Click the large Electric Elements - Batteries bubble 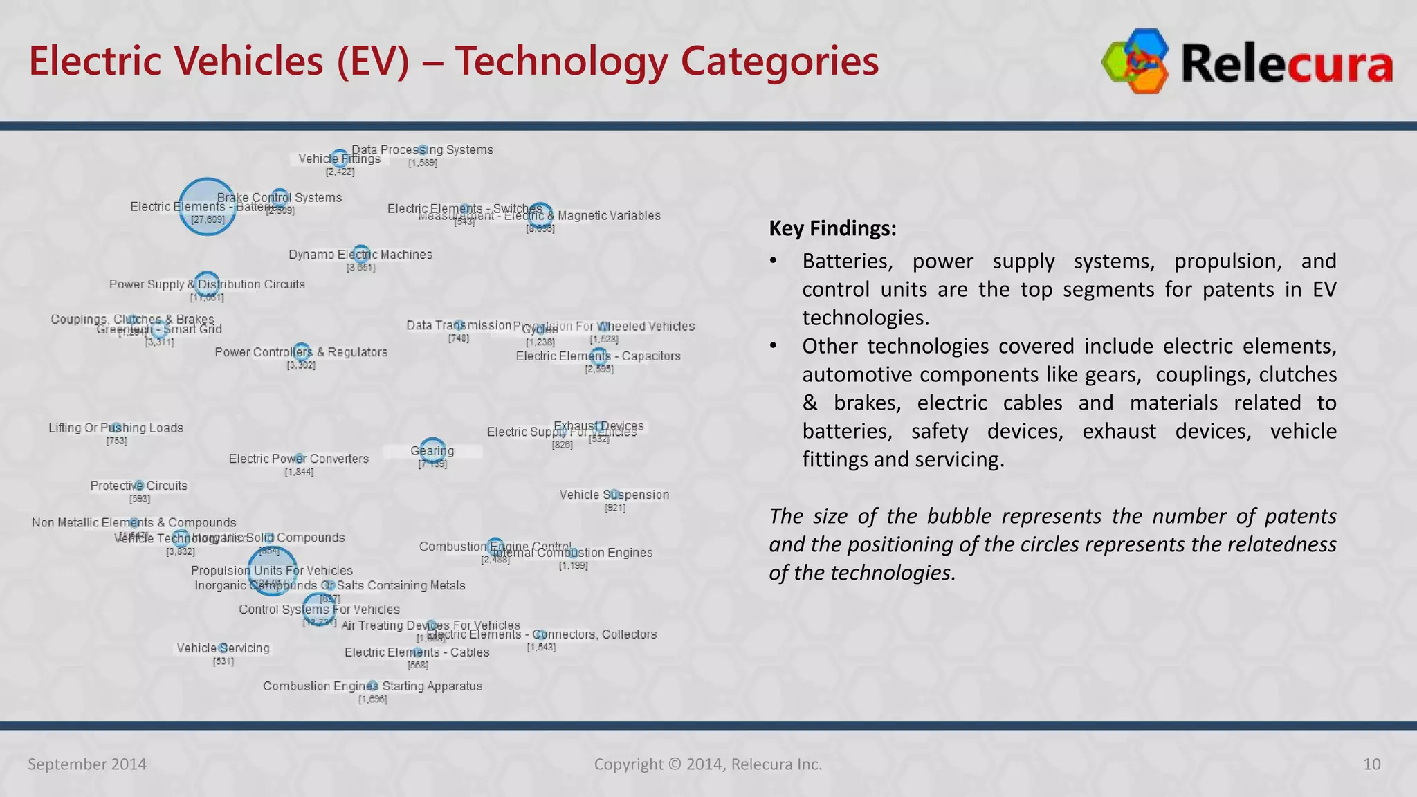point(207,207)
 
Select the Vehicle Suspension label point(614,495)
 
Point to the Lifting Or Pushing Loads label point(116,428)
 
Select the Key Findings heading point(832,228)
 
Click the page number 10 point(1371,764)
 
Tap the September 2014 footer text point(87,764)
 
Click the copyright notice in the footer point(708,764)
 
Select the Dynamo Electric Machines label point(360,255)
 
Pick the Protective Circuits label point(138,486)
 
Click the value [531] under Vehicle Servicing point(223,661)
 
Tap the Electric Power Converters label point(298,459)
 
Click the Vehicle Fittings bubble point(339,159)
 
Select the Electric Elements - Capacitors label point(598,356)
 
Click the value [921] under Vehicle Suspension point(614,508)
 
